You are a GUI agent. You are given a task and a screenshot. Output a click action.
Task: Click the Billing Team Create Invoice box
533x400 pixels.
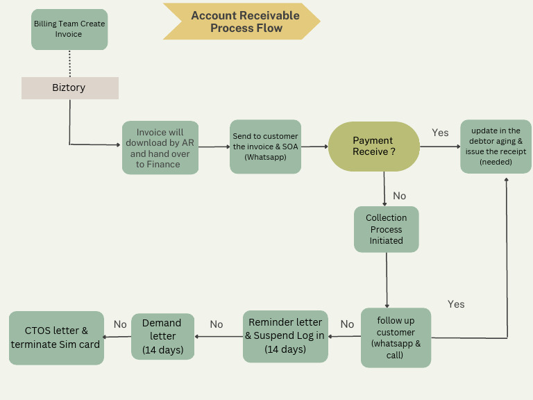click(69, 29)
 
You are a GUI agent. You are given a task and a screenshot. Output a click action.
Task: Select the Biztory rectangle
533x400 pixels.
click(69, 88)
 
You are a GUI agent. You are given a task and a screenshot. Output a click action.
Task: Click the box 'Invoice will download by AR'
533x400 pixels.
click(160, 148)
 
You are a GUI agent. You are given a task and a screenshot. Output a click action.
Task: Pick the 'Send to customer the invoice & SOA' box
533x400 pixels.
click(265, 147)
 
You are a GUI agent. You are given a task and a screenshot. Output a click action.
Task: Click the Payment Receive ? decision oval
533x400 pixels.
click(373, 147)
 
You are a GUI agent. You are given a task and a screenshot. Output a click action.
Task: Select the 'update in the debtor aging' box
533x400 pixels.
click(496, 146)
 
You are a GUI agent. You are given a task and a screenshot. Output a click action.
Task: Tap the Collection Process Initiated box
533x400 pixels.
click(386, 229)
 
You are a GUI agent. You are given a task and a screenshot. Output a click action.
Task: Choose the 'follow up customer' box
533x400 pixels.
click(396, 337)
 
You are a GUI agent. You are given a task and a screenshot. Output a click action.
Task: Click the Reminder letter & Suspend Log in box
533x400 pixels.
click(285, 336)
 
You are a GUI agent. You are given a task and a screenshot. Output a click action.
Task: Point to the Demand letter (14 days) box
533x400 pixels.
click(162, 336)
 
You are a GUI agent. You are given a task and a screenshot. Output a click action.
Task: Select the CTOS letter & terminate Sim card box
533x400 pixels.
click(56, 337)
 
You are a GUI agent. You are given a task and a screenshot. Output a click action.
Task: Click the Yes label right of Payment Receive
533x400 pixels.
click(440, 133)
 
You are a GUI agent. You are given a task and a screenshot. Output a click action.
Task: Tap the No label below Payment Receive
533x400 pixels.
click(400, 196)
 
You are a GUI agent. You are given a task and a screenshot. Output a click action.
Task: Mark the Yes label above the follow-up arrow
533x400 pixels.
click(456, 304)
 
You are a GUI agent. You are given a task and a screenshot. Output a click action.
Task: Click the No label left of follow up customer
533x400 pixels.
click(347, 324)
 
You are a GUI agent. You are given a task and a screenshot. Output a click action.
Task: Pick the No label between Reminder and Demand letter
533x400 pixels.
click(217, 324)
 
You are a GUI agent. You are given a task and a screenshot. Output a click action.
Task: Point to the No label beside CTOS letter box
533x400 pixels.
click(120, 324)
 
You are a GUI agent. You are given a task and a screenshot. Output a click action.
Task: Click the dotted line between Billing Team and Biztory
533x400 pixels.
click(69, 63)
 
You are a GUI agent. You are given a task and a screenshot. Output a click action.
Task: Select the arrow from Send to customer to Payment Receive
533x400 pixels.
click(314, 147)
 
